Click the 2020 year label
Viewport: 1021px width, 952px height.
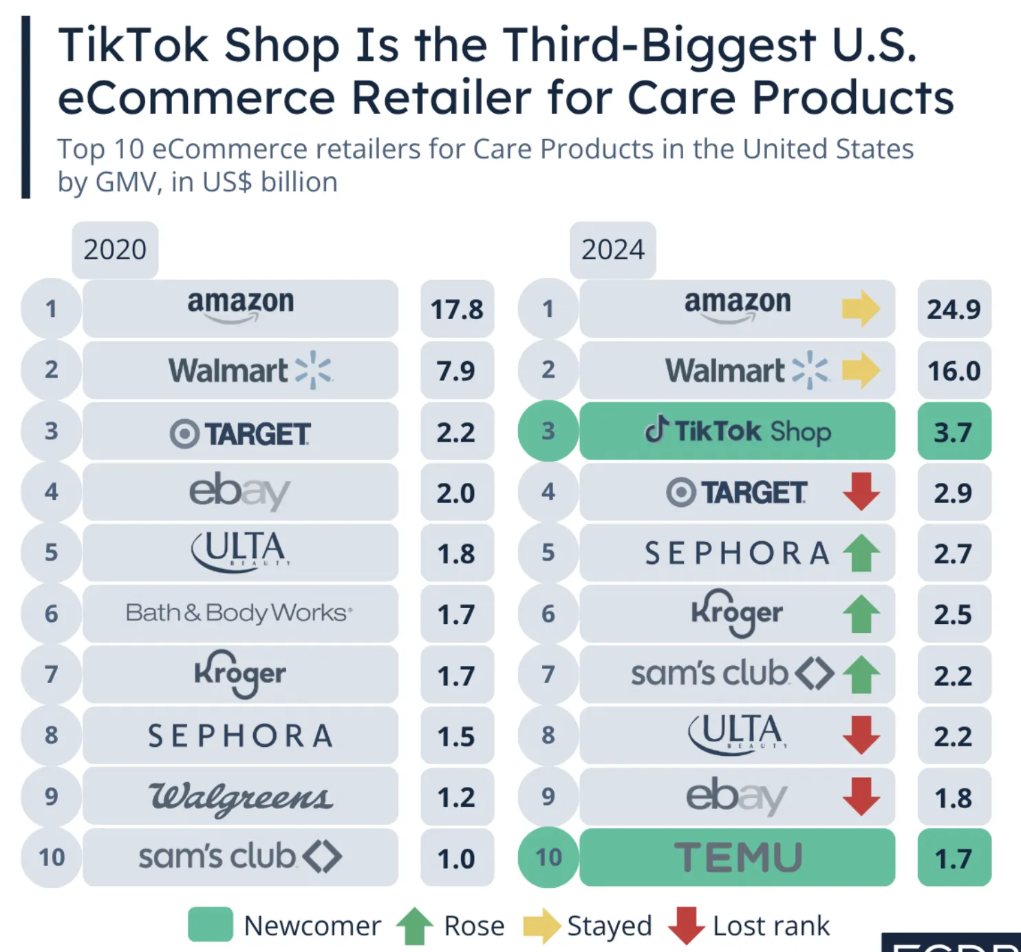(115, 250)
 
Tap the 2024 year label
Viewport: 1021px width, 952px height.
(612, 250)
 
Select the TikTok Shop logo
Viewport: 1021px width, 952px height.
(738, 431)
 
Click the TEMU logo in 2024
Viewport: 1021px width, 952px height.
(738, 858)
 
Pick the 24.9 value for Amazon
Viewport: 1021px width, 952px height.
(954, 310)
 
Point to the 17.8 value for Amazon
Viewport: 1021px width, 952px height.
(457, 310)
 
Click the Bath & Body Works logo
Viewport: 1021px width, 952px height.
(239, 613)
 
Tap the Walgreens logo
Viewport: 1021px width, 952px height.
(240, 797)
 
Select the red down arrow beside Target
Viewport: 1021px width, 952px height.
(861, 491)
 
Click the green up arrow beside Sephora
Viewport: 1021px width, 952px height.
(861, 553)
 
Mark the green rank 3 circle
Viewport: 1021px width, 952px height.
(548, 431)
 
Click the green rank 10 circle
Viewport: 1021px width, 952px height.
(548, 858)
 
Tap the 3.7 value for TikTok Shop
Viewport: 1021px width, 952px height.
(954, 432)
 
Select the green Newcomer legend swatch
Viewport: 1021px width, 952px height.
(211, 924)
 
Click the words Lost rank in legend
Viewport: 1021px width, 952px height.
(771, 926)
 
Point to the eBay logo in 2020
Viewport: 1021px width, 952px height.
(239, 491)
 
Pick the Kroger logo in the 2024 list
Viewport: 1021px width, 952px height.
(737, 613)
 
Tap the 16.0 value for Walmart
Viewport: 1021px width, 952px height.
(954, 371)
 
